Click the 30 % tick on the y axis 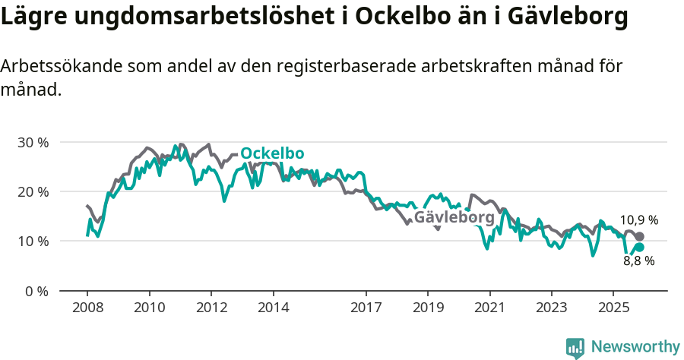click(33, 142)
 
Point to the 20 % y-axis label click(33, 191)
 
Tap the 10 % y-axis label click(33, 242)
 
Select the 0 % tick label click(36, 291)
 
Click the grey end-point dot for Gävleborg click(639, 237)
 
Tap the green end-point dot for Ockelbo click(639, 247)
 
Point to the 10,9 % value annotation click(638, 220)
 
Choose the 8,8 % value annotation click(638, 261)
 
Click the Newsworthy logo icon click(575, 347)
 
